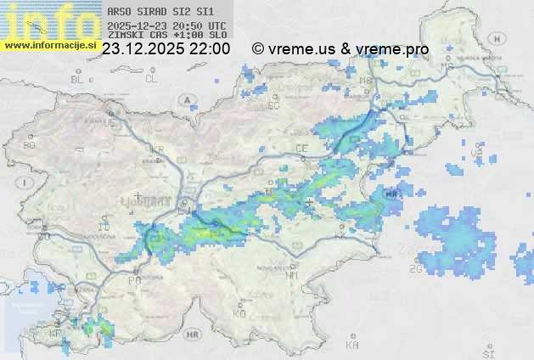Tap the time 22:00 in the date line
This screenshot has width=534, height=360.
(208, 49)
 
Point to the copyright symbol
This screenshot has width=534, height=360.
(258, 49)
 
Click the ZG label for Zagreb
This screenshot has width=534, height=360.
(415, 269)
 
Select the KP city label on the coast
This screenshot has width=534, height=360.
(56, 334)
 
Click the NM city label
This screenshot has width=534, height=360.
(293, 275)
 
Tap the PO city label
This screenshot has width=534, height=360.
(133, 279)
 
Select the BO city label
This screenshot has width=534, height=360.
(30, 145)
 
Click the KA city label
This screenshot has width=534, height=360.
(352, 346)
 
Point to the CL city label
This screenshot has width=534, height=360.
(151, 79)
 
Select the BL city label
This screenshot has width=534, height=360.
(79, 79)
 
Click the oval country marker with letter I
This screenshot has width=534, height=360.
(27, 183)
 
